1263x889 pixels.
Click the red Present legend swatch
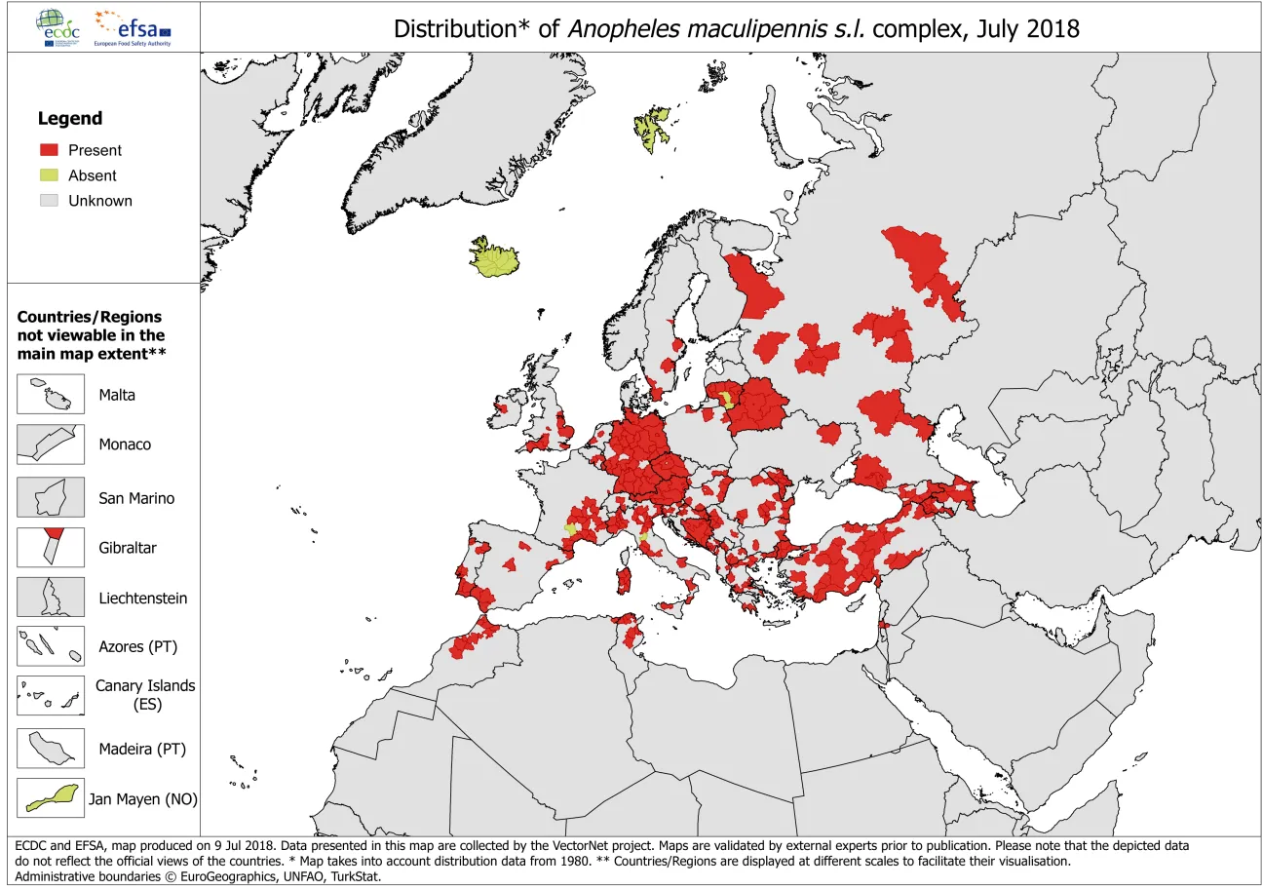point(49,150)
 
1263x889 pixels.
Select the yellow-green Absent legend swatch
point(49,175)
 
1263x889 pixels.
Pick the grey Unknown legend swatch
point(49,201)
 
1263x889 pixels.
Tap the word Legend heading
point(69,119)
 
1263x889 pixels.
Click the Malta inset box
point(51,395)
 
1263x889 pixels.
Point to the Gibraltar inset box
point(51,548)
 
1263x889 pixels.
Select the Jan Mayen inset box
point(51,798)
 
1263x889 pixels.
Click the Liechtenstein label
point(142,599)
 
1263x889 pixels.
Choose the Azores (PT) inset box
point(51,646)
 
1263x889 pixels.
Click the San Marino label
point(136,498)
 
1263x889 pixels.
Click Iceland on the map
point(495,259)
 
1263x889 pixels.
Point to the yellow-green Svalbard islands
point(652,128)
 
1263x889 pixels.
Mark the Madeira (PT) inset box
point(51,749)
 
